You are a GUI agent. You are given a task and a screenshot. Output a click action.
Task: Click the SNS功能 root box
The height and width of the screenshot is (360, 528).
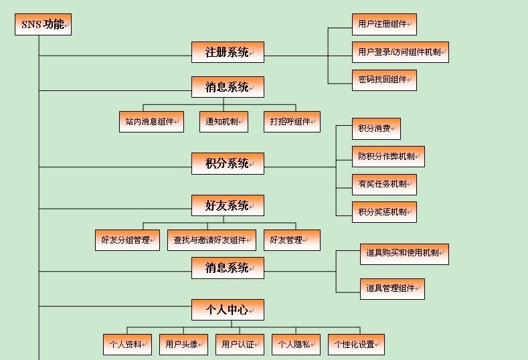43,25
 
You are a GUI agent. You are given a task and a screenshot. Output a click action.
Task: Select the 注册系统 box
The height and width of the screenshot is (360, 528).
228,52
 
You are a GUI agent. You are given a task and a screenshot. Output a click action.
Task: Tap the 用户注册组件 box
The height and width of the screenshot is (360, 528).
384,24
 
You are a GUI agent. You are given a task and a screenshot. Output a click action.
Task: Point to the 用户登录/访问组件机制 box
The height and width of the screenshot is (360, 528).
400,52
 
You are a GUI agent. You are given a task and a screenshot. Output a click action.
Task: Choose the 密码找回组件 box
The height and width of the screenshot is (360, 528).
384,80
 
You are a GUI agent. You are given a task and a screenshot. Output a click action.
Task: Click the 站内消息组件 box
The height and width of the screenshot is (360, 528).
151,122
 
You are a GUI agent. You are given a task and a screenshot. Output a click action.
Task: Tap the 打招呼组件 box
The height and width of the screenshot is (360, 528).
292,122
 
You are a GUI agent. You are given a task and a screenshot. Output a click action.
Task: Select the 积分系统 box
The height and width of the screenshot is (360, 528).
228,163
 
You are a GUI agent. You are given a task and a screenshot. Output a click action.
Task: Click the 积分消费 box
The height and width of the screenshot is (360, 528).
376,128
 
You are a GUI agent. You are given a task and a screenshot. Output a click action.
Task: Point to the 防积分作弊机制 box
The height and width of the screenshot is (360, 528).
388,157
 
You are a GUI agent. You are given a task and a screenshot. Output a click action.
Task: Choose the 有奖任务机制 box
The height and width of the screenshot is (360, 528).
384,184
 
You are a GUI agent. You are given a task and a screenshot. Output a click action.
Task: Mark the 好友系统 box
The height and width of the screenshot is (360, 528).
228,205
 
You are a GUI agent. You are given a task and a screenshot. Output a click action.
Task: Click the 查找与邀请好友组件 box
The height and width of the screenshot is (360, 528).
211,240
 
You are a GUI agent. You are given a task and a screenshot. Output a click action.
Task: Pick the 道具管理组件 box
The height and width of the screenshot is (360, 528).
392,288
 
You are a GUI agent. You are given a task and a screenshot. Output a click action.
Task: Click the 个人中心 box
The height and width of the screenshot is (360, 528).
228,310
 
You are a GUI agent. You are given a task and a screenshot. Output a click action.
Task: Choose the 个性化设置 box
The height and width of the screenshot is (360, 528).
356,345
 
